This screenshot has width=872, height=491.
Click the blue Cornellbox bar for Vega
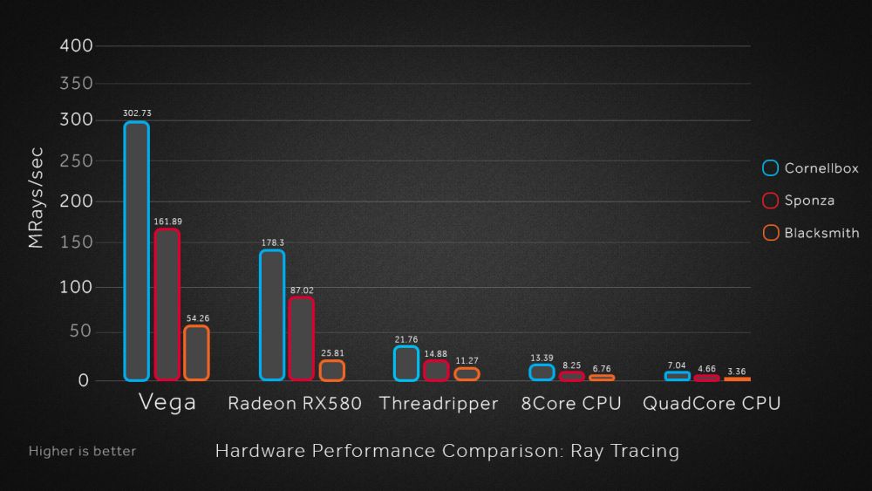click(136, 251)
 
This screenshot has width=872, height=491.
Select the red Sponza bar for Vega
click(167, 304)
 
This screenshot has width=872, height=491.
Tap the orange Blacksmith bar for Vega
click(196, 353)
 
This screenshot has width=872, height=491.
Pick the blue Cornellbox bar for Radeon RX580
click(272, 315)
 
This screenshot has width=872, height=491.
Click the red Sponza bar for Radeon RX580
click(302, 338)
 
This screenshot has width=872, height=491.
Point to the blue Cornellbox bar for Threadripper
click(406, 364)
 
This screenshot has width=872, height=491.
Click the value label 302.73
click(137, 113)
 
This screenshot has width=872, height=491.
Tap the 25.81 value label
click(331, 353)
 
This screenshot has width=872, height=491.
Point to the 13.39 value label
click(542, 358)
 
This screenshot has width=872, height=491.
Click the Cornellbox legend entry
click(811, 168)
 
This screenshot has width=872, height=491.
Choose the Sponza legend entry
click(799, 201)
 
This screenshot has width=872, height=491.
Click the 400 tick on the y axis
click(77, 45)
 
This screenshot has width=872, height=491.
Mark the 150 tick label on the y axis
click(77, 244)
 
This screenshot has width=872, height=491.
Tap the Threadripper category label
click(439, 404)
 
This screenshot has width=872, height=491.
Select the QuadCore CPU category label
click(712, 404)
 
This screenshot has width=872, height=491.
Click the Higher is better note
click(82, 452)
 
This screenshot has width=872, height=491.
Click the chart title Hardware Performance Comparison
click(446, 451)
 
